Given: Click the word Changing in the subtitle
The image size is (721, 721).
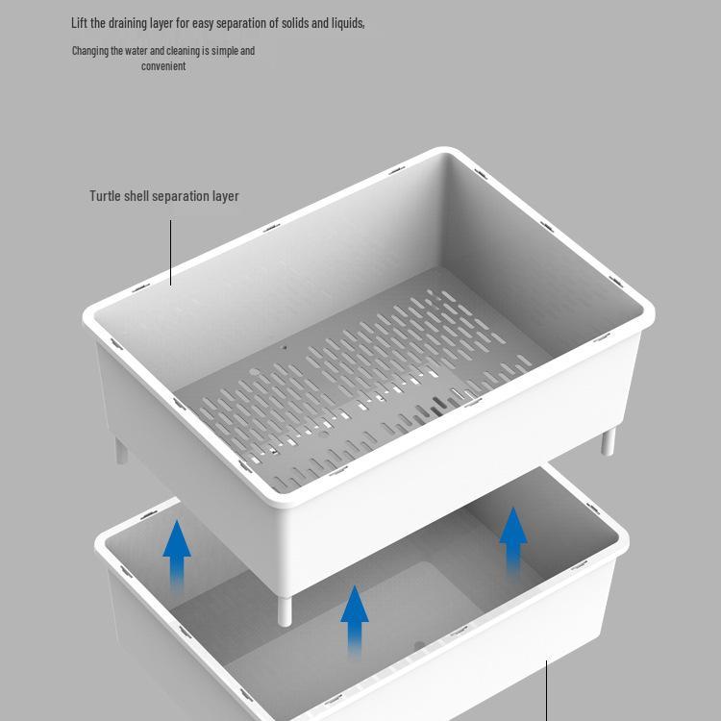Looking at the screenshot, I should [89, 51].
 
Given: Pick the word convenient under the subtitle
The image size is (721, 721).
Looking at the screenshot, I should [163, 66].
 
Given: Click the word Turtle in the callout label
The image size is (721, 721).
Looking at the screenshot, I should [105, 196].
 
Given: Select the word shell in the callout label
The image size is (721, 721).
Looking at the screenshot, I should [137, 196].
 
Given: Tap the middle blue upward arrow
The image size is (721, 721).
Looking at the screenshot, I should [355, 620].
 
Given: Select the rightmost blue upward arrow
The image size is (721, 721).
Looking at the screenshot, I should [513, 542].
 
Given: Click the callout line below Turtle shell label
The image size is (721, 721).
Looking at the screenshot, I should [171, 252].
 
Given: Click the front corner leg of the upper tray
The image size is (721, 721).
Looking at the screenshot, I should [285, 609].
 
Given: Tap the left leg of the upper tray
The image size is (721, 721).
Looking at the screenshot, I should [121, 450].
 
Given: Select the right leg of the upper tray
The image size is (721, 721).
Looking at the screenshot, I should [608, 442].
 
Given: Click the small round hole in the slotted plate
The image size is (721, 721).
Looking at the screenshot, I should [283, 347].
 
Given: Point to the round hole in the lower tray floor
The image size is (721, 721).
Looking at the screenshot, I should [419, 647].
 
